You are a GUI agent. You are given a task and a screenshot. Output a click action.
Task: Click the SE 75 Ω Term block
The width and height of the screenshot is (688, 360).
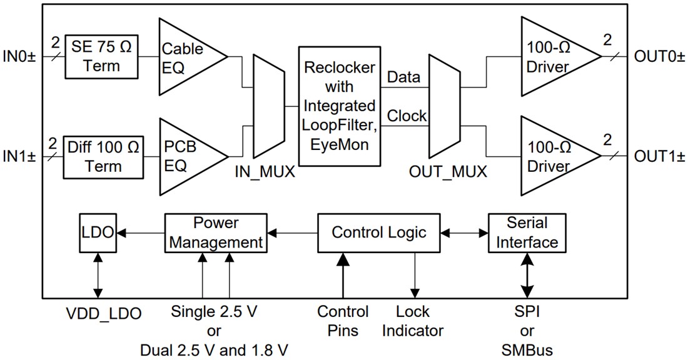tap(102, 56)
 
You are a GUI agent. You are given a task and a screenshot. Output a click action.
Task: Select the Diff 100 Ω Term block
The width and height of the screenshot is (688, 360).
tap(102, 156)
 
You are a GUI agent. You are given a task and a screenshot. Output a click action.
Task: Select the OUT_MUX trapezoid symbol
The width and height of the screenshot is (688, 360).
tap(443, 106)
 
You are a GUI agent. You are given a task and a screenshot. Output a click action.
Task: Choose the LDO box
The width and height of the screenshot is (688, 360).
tap(97, 232)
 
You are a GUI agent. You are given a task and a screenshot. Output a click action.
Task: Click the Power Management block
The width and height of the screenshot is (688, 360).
tap(216, 232)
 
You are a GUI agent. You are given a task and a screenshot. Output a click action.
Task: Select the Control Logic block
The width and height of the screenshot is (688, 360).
tap(378, 232)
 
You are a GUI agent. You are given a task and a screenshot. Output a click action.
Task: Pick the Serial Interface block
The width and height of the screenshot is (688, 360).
tap(527, 232)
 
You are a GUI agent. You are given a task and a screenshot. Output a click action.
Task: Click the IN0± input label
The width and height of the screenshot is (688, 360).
tap(23, 57)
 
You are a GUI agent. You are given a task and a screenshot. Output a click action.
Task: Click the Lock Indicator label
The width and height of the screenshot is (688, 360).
tap(413, 321)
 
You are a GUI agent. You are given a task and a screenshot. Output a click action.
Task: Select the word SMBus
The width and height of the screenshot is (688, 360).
tap(527, 350)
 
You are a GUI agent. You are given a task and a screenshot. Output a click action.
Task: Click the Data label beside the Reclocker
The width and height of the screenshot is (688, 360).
tap(403, 77)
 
